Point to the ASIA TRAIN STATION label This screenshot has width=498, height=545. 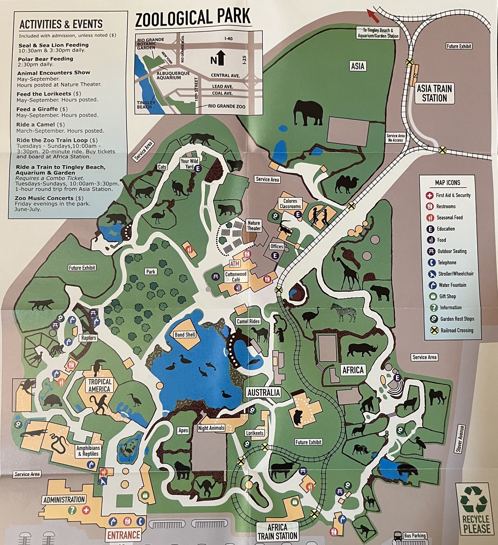[434, 93]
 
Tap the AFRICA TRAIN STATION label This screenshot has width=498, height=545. [277, 531]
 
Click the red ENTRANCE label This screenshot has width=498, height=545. [124, 535]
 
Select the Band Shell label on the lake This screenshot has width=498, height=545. [185, 335]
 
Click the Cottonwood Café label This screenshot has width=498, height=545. [236, 277]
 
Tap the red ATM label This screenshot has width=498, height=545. [235, 264]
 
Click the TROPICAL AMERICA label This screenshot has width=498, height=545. [99, 385]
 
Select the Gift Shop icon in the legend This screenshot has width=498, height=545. [433, 296]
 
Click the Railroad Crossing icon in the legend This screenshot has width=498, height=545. [434, 330]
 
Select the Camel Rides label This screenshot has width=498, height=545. [248, 321]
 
